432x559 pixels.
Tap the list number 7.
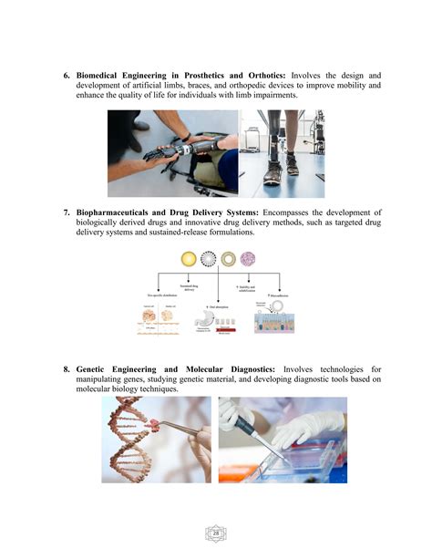67,212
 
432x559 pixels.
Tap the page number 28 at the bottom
216,532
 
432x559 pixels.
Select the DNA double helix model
132,439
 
